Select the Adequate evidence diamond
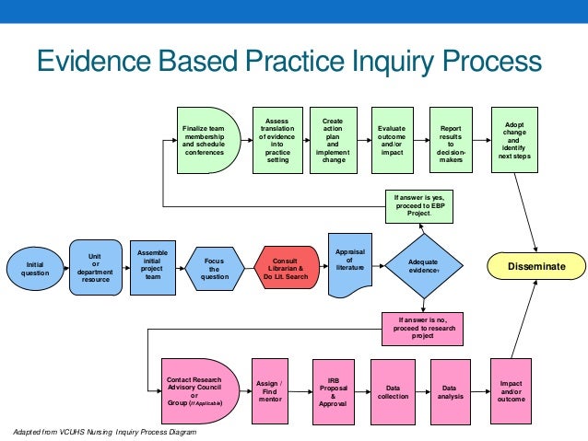(423, 267)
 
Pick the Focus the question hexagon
(214, 267)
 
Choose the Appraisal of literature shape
(349, 261)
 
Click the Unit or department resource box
(95, 267)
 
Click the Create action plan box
(333, 138)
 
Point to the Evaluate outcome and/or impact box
(392, 138)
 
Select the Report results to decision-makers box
(452, 138)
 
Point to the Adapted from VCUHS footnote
(101, 431)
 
